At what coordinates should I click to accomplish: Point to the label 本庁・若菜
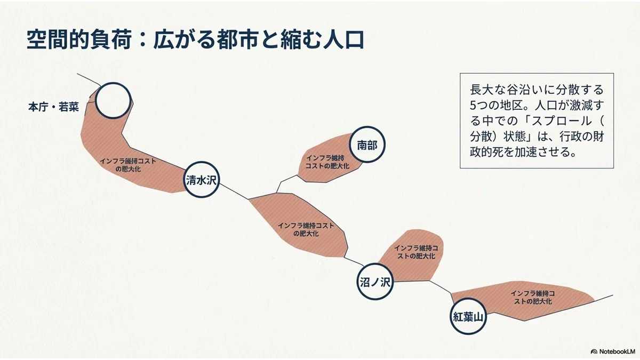[53, 107]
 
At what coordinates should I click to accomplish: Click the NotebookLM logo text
[615, 351]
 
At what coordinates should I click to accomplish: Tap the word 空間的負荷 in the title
[79, 39]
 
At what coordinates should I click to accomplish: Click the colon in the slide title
[142, 41]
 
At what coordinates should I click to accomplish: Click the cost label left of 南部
[327, 162]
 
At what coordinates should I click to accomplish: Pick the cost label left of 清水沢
[128, 165]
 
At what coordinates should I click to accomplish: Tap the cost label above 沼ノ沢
[416, 252]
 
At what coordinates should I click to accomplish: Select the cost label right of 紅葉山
[533, 297]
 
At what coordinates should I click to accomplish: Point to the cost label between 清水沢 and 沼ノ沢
[306, 229]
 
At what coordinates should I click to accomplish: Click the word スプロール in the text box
[562, 121]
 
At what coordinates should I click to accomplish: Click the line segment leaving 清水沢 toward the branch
[234, 191]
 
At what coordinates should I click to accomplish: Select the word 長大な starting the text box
[486, 90]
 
